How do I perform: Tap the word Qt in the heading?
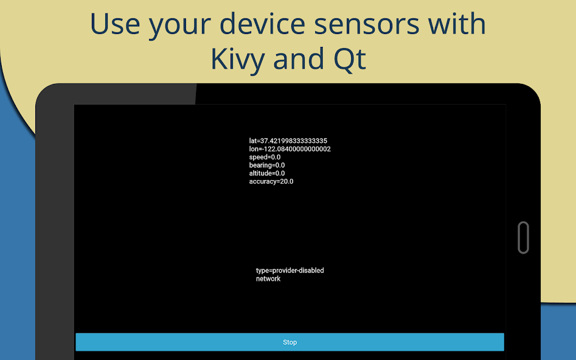pyautogui.click(x=349, y=60)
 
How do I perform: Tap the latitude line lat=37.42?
pyautogui.click(x=288, y=141)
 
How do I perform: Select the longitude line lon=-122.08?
pyautogui.click(x=290, y=149)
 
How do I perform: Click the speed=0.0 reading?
pyautogui.click(x=265, y=157)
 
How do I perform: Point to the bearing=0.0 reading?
pyautogui.click(x=266, y=165)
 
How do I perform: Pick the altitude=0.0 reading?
pyautogui.click(x=266, y=173)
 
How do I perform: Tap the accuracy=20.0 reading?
pyautogui.click(x=271, y=181)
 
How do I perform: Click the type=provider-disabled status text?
pyautogui.click(x=290, y=271)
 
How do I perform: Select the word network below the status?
pyautogui.click(x=268, y=279)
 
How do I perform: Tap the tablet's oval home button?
pyautogui.click(x=522, y=237)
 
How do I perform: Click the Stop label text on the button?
pyautogui.click(x=290, y=342)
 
